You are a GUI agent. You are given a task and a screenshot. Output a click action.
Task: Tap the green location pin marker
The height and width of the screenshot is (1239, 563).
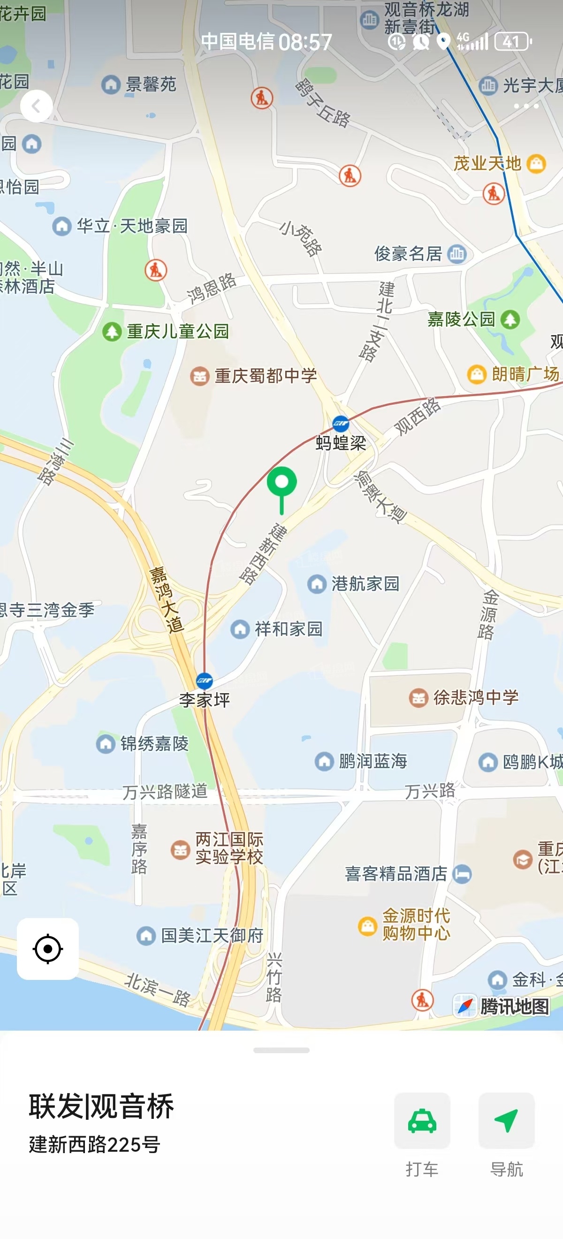pos(282,483)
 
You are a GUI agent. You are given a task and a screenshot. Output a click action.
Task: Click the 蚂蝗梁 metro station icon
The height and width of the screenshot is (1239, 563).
pos(341,424)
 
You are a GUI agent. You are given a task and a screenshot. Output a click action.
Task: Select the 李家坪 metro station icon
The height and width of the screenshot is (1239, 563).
pos(205,681)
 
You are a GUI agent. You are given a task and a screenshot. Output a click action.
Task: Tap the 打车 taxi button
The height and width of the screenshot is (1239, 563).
pos(422,1121)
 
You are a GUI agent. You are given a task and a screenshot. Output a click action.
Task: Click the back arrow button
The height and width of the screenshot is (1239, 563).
pos(37,106)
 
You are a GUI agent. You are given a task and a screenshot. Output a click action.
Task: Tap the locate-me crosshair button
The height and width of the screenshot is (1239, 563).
pos(48,949)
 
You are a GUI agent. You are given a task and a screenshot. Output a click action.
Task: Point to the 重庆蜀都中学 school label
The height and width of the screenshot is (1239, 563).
pos(266,376)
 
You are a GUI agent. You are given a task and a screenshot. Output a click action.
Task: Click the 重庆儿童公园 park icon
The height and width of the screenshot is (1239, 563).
pos(112,332)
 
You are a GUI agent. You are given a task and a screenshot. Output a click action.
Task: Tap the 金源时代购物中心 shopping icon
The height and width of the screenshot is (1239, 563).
pos(368,925)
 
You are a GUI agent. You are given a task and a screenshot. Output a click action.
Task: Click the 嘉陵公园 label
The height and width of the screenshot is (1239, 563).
pos(461,319)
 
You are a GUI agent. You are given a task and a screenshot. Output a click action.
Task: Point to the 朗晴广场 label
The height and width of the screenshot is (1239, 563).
pos(525,374)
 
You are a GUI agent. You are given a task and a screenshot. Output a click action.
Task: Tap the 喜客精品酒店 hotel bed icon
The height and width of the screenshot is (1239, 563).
pos(462,874)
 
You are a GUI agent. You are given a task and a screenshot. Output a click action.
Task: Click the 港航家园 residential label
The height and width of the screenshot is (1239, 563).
pos(365,584)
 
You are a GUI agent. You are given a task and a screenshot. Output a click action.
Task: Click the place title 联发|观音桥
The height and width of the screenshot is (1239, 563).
pos(101,1107)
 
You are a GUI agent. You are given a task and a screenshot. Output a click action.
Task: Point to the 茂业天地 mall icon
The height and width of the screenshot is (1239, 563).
pos(537,163)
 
